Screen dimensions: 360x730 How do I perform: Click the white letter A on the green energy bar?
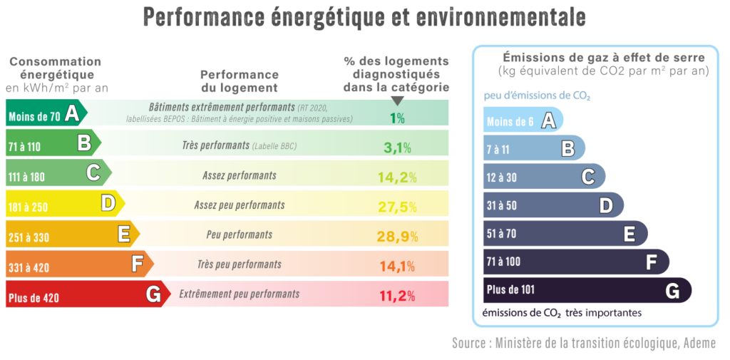[71, 113]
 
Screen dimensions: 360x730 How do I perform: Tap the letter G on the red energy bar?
[152, 294]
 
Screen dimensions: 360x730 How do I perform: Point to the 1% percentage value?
[397, 118]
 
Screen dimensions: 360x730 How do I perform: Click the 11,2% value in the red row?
[396, 296]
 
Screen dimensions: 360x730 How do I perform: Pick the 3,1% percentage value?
[397, 148]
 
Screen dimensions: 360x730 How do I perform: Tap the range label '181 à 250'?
[29, 207]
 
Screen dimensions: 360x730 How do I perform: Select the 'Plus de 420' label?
[34, 298]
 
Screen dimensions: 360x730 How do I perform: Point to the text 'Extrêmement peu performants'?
[240, 294]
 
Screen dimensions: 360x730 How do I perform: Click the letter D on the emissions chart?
[606, 205]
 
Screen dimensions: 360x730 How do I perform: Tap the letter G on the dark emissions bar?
[672, 290]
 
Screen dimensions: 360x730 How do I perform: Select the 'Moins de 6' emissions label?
[510, 122]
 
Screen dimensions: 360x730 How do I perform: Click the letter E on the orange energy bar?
[123, 234]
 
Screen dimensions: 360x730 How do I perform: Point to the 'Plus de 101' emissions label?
[510, 290]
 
